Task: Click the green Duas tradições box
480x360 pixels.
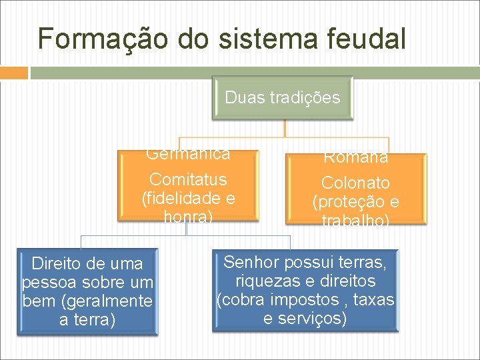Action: coord(283,98)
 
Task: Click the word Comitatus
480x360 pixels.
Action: coord(188,179)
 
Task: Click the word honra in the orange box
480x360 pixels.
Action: coord(186,216)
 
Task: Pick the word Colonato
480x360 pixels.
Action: coord(355,183)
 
